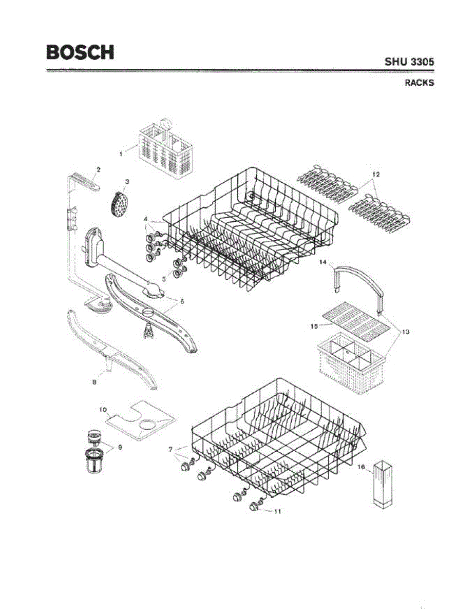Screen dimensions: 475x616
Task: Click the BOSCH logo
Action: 80,52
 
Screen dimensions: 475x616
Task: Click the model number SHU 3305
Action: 409,62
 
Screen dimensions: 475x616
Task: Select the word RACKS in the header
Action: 419,83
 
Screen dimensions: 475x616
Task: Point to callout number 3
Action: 127,181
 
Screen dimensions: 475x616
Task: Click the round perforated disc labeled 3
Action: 119,204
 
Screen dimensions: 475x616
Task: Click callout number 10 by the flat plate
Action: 103,410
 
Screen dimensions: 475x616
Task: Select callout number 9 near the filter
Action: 120,447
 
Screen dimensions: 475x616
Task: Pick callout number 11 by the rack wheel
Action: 278,511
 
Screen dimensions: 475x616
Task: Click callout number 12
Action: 376,175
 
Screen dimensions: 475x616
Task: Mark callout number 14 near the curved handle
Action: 324,262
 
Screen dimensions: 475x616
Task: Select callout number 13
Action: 406,332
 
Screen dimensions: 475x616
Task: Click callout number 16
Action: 361,467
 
